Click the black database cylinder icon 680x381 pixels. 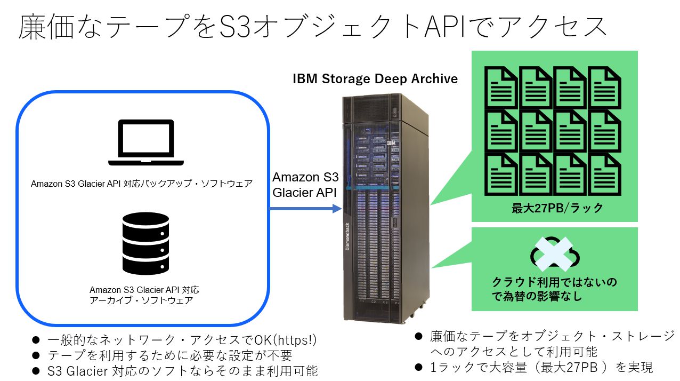[x=145, y=243]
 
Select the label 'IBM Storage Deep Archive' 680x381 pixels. [x=375, y=79]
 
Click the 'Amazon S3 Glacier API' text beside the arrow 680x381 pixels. [x=305, y=185]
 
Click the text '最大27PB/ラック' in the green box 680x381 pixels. [x=557, y=208]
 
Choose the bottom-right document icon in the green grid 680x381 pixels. [x=604, y=174]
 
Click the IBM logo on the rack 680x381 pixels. [x=391, y=143]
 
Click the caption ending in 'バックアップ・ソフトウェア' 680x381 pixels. [x=142, y=184]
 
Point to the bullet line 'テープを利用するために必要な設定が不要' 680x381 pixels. [x=169, y=355]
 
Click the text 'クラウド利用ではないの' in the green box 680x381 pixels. [x=554, y=281]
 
